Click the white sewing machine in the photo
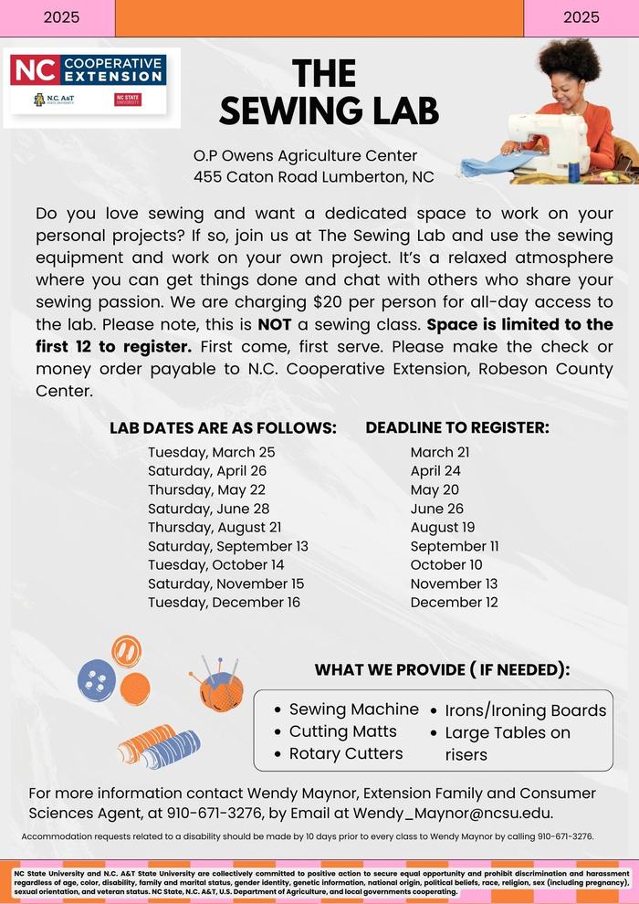point(547,141)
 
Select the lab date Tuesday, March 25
point(211,452)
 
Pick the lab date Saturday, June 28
point(208,509)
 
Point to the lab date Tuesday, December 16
point(224,603)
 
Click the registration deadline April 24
point(435,471)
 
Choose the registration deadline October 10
point(446,565)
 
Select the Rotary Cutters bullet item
point(346,753)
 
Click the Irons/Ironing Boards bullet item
point(525,710)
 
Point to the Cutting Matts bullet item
point(342,731)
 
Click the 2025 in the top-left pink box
point(61,17)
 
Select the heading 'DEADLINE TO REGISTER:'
point(457,426)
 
